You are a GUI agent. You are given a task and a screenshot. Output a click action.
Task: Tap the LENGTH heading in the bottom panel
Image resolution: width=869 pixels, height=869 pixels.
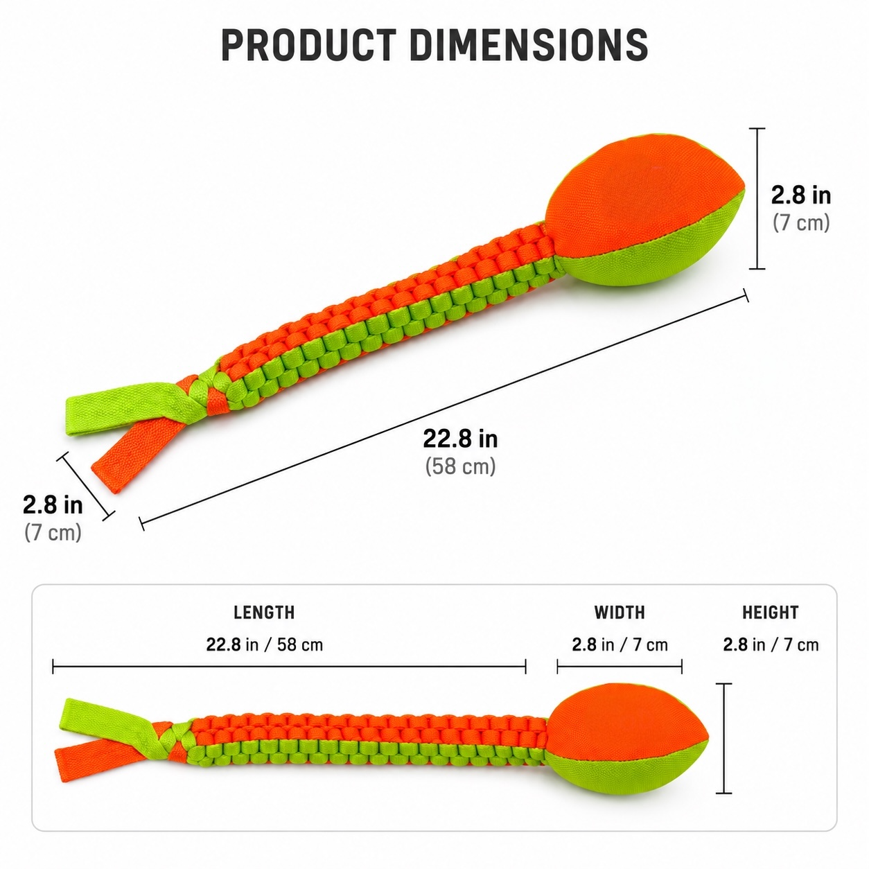tap(264, 613)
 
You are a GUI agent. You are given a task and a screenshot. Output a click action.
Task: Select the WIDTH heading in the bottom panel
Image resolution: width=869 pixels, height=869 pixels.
tap(620, 613)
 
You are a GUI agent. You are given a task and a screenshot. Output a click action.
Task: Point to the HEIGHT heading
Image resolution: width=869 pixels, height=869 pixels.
tap(771, 613)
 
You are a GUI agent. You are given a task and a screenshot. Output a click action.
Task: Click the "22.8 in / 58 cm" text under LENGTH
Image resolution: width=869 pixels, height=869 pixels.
tap(265, 645)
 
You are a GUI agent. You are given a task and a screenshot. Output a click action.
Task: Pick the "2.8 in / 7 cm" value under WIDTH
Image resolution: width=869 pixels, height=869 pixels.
tap(620, 645)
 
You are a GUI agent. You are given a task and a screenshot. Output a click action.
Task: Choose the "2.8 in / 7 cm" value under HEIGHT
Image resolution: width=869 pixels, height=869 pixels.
tap(771, 645)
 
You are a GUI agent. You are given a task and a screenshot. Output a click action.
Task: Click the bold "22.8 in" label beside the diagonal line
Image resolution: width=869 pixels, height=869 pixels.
tap(460, 439)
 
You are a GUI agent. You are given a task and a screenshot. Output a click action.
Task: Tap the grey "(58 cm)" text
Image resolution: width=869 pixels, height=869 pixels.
tap(460, 466)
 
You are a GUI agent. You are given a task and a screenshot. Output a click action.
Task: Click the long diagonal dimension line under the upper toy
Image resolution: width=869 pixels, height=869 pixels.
tap(444, 410)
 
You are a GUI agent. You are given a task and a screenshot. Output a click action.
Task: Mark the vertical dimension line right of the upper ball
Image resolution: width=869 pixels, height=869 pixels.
tap(757, 198)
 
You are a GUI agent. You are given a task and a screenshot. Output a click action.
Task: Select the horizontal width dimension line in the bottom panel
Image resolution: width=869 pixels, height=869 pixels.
tap(620, 666)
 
